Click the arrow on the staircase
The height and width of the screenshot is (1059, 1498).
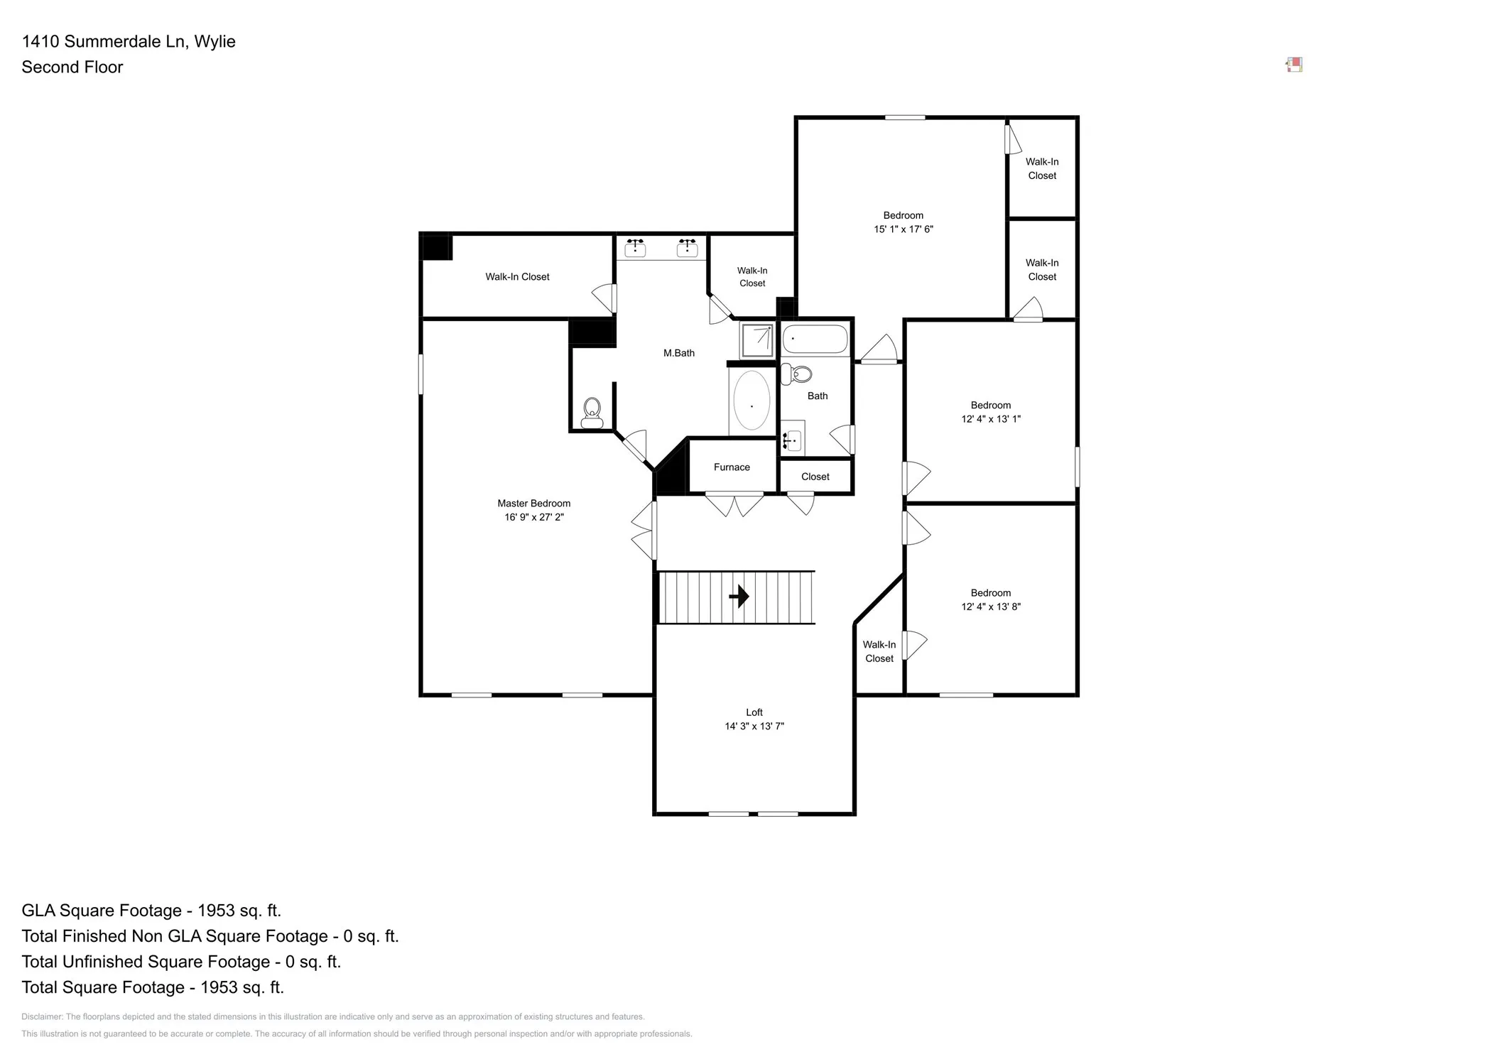739,596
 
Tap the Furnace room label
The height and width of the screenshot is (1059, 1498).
732,467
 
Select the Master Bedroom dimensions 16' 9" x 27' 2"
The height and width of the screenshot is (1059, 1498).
534,517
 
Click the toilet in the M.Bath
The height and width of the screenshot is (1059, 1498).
592,413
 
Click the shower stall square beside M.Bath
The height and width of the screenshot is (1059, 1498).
757,340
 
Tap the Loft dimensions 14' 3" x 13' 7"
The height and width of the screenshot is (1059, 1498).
754,726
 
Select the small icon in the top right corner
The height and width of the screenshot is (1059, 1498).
1294,65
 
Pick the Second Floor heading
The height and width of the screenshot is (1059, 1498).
72,67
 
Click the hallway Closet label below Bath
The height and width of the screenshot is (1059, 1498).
815,477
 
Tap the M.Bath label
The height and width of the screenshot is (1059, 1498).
679,353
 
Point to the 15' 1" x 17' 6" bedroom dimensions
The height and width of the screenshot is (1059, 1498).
903,229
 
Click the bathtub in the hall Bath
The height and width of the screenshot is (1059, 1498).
815,339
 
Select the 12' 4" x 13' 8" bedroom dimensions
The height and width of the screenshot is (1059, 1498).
991,607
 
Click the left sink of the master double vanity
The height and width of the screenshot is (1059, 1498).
635,247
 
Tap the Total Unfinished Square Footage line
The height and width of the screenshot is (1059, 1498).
181,962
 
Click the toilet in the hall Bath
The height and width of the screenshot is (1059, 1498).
797,374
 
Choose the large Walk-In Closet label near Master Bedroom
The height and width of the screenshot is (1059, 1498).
517,277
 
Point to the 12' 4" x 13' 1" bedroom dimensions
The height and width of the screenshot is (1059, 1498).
991,419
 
